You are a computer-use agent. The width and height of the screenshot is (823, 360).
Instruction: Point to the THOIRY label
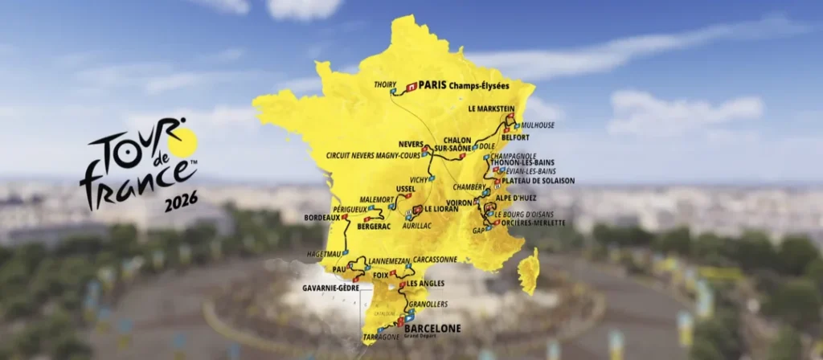click(x=386, y=84)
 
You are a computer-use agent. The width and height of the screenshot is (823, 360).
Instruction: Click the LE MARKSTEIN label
click(x=491, y=108)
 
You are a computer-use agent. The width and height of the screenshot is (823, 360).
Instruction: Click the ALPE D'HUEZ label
click(x=519, y=197)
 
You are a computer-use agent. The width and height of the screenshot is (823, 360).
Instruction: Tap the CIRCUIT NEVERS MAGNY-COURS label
click(x=373, y=155)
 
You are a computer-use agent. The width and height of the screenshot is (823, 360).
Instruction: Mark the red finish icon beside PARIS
click(x=411, y=84)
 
